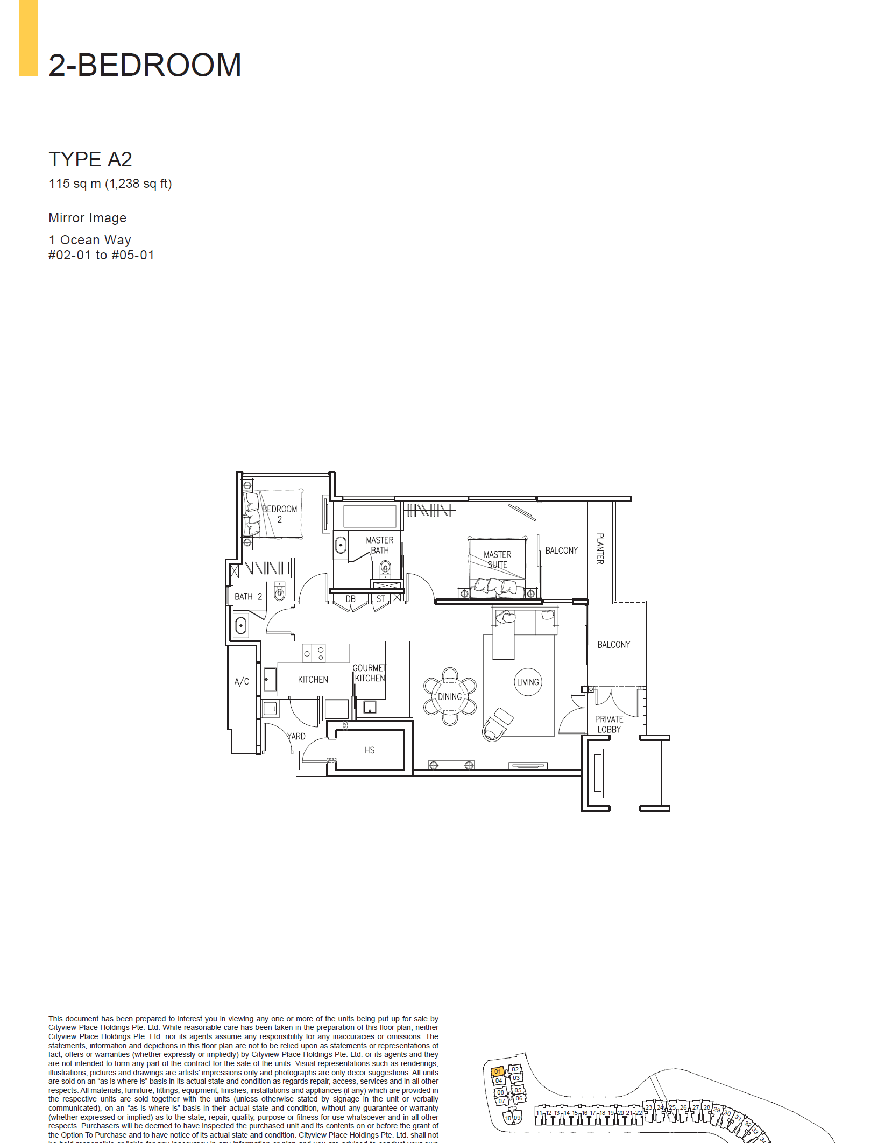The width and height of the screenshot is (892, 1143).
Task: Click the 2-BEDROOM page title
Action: click(145, 65)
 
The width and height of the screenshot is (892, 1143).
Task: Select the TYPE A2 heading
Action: click(90, 159)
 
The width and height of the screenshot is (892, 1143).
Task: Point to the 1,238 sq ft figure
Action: click(138, 184)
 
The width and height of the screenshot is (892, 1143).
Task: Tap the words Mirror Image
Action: click(88, 218)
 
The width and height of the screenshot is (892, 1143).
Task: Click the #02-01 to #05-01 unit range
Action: click(101, 255)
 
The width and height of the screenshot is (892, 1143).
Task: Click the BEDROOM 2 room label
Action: click(279, 514)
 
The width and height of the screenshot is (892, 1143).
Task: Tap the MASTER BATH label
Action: click(379, 545)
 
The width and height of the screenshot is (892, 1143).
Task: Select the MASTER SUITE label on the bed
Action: click(497, 559)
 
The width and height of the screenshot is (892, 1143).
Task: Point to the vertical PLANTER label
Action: click(600, 548)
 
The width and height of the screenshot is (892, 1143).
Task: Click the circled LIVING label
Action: click(528, 682)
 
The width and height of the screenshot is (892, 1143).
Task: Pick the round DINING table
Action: click(450, 696)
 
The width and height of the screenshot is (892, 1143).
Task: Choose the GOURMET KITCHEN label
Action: click(370, 673)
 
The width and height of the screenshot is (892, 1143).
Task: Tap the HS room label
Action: click(370, 750)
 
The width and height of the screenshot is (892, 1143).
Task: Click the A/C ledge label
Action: click(242, 681)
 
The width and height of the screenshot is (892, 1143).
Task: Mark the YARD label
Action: click(296, 736)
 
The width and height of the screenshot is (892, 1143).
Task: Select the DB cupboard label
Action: click(351, 599)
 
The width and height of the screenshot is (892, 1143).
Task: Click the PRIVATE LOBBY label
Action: click(609, 724)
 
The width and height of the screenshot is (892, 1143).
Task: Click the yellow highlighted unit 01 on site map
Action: click(498, 1071)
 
